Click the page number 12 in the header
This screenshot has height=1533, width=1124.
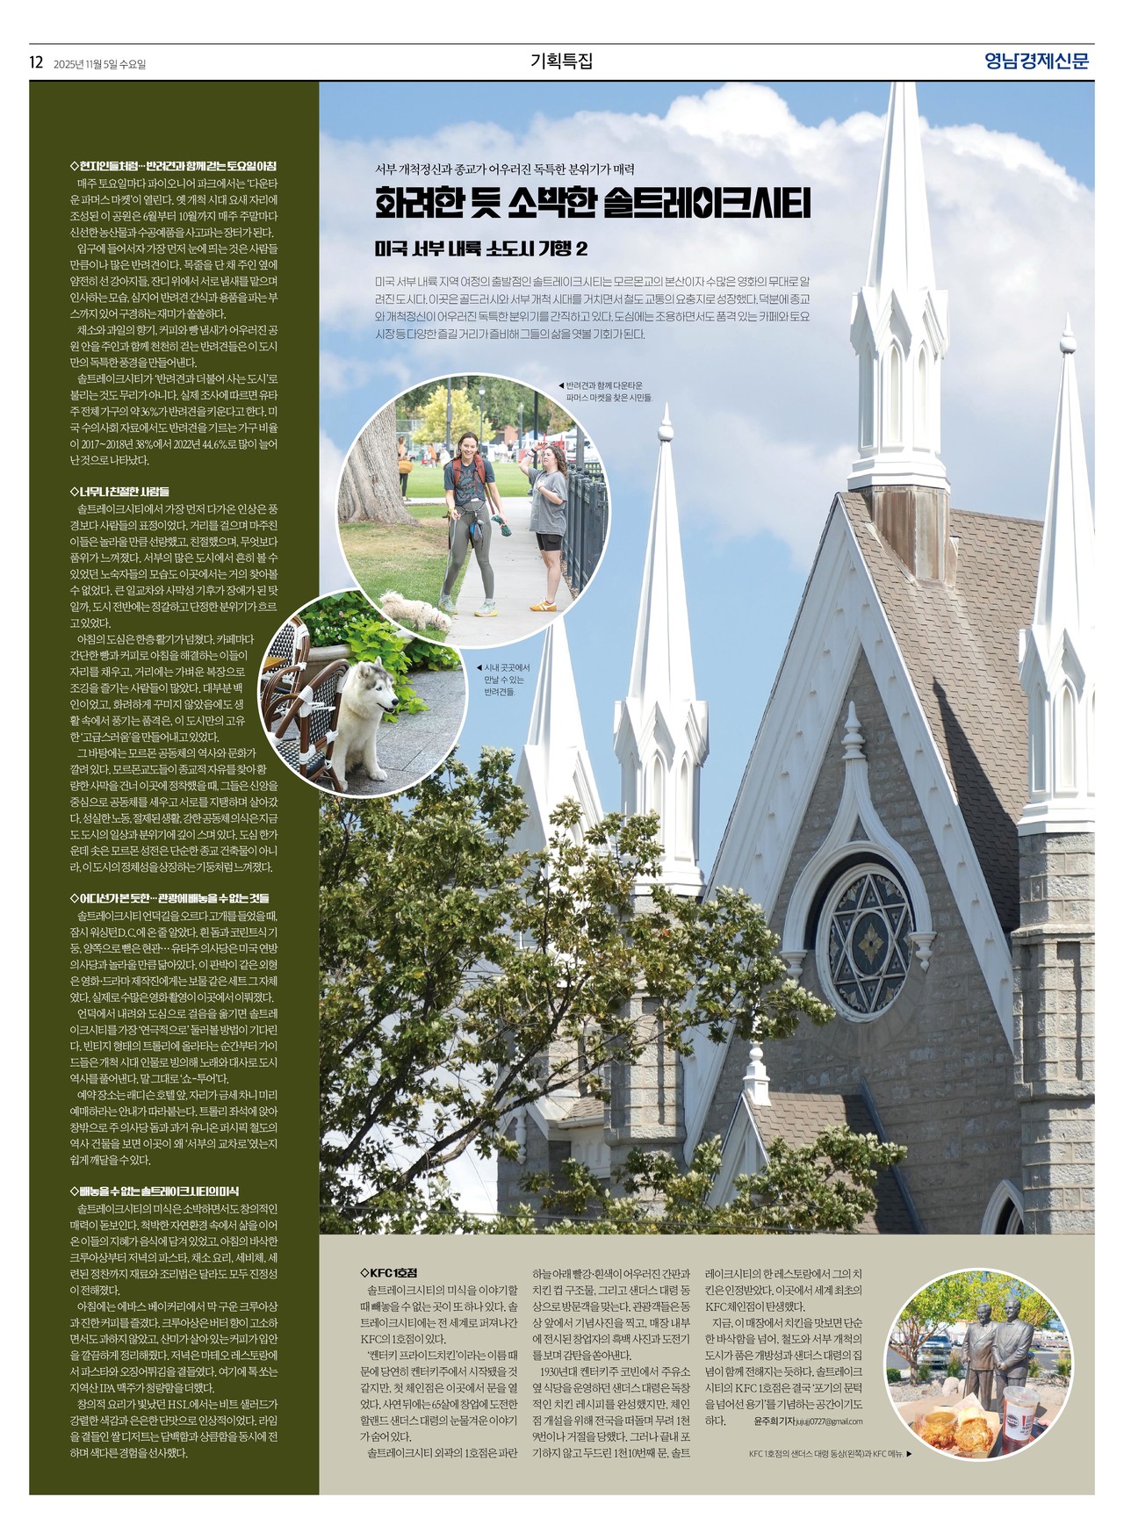click(36, 62)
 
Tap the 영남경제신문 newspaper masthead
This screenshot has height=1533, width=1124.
click(1036, 61)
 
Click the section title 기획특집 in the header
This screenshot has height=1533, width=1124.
click(562, 61)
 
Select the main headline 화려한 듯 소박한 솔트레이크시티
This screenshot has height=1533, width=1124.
click(593, 203)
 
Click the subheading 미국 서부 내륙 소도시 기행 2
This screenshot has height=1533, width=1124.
click(481, 248)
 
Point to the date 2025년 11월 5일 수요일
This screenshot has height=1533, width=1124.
click(99, 64)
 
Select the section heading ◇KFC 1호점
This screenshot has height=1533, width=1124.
click(388, 1272)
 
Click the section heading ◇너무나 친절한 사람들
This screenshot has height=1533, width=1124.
click(119, 492)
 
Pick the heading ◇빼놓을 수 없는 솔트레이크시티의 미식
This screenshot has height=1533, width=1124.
click(154, 1191)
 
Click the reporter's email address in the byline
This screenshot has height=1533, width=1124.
click(829, 1421)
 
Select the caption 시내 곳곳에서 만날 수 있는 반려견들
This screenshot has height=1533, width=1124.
click(507, 680)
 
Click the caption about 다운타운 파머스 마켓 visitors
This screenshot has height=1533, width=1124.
click(609, 392)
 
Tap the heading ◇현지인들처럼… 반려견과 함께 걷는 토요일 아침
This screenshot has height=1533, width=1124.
click(173, 166)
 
